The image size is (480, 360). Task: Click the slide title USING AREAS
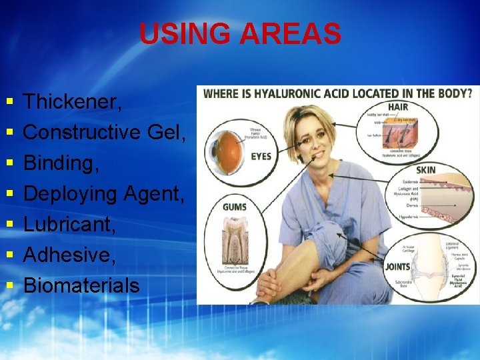coord(240,34)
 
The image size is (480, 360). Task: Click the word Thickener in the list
coord(72,102)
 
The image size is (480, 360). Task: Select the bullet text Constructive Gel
coord(104,133)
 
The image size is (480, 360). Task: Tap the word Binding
coord(61,163)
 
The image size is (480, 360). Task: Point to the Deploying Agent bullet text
coord(104,194)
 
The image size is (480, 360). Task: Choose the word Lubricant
coord(69,225)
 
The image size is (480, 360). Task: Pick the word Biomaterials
coord(81,286)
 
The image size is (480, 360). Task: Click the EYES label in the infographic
coord(260,156)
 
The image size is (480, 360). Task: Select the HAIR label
coord(397,107)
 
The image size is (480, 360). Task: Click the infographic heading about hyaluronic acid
coord(337,93)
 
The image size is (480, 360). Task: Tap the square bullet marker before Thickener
coord(9,103)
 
